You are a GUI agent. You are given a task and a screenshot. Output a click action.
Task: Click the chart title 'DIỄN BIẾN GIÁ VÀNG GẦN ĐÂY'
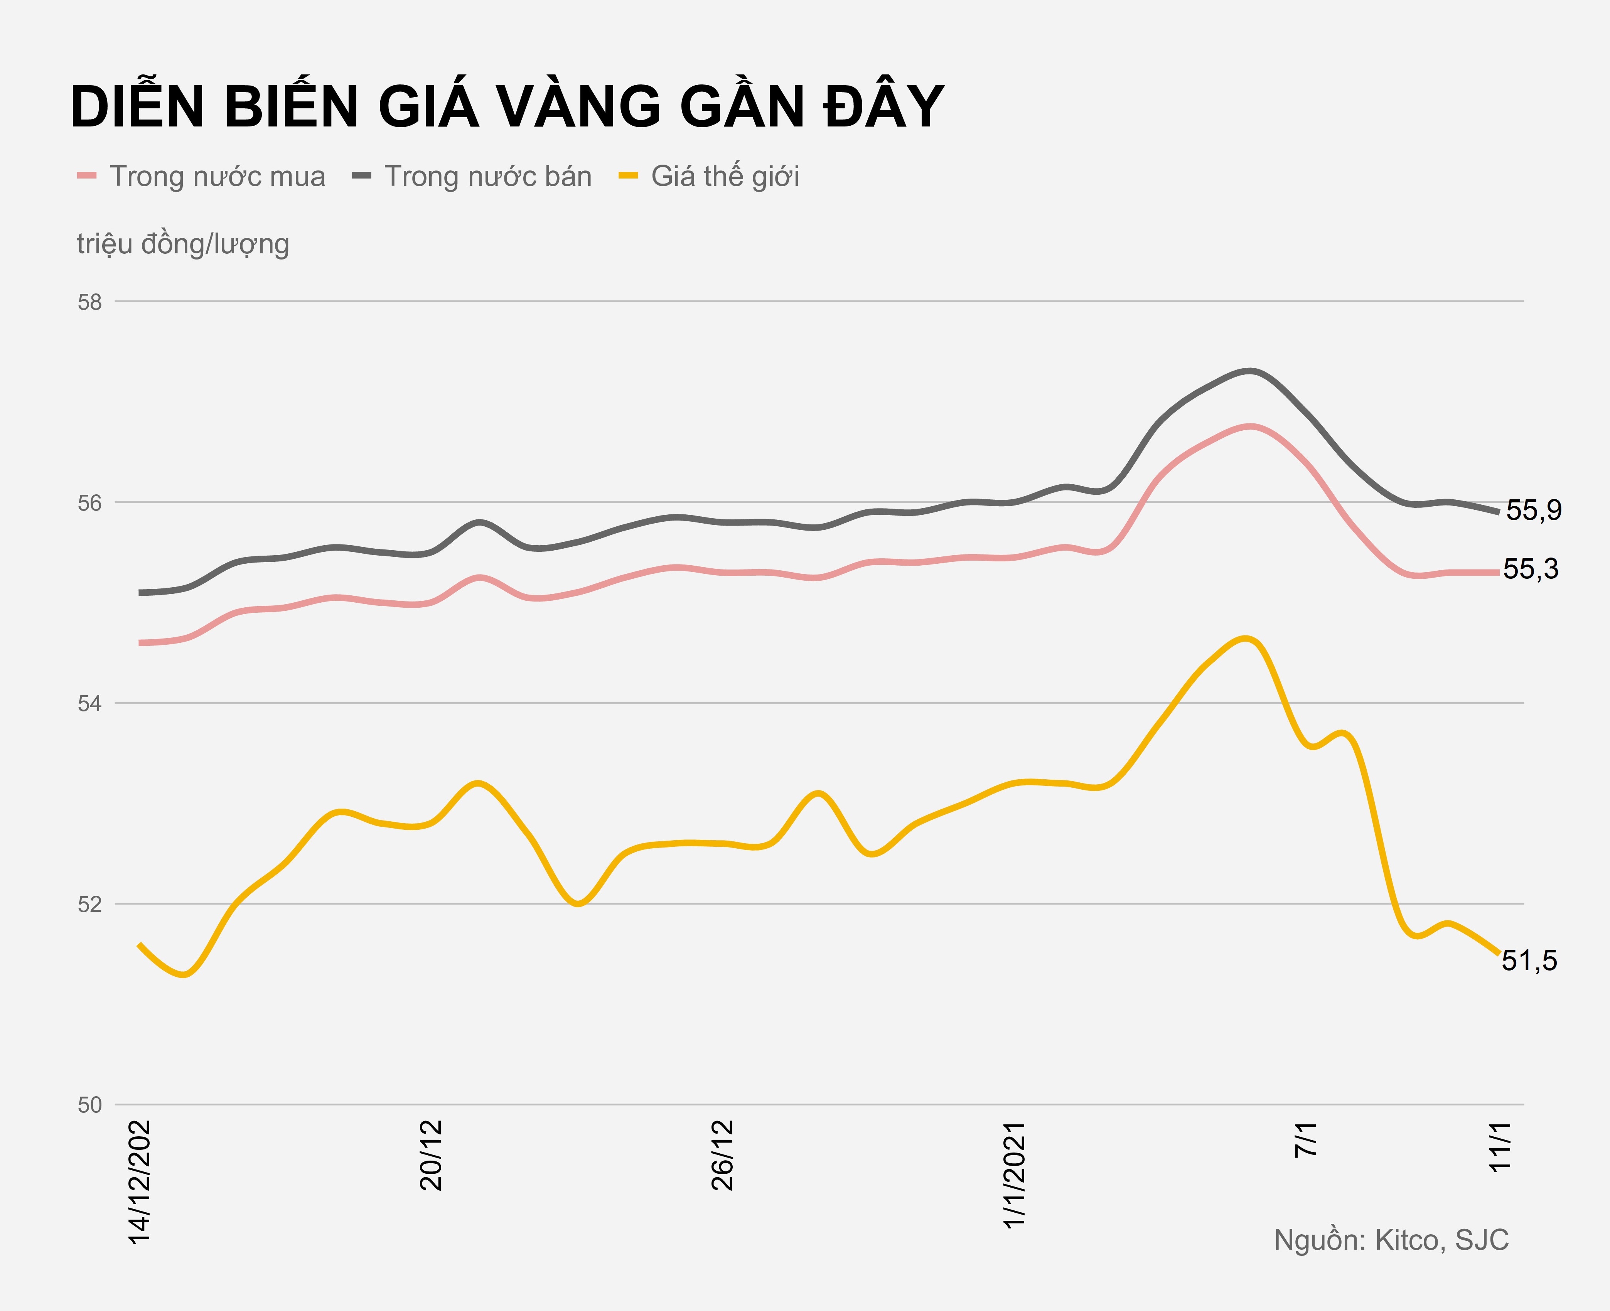[506, 107]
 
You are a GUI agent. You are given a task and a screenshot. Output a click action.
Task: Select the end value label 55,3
[1531, 570]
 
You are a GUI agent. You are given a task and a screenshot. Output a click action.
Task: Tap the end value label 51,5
[1529, 961]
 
